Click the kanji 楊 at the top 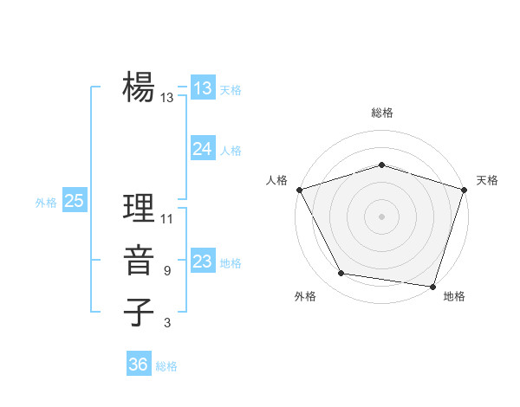138,87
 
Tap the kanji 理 138,208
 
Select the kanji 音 138,261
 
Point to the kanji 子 138,312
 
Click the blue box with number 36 139,365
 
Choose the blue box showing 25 75,201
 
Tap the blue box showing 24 203,149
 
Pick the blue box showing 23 203,262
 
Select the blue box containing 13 203,88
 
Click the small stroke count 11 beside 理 167,218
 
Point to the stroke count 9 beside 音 167,271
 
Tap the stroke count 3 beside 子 167,323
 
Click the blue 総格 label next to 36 166,366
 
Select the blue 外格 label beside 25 46,203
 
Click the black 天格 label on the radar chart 488,180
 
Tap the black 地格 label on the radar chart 454,296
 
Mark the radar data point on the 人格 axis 299,189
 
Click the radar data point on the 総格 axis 381,165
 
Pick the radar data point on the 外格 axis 341,274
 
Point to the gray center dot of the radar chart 381,216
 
